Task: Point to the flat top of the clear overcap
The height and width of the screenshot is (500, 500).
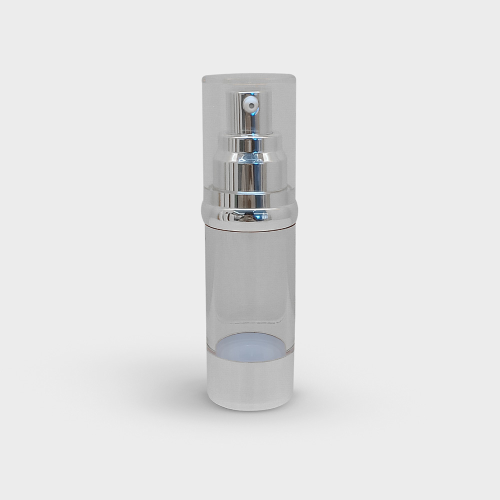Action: pyautogui.click(x=248, y=77)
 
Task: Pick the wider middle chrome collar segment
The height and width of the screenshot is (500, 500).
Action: pyautogui.click(x=249, y=170)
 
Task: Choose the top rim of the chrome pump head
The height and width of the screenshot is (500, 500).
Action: pyautogui.click(x=248, y=92)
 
